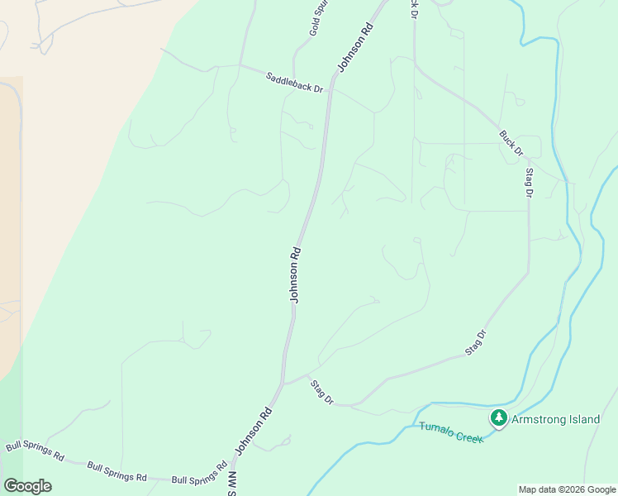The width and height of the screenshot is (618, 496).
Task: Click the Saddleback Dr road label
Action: (294, 83)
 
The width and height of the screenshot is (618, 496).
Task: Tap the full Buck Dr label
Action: (511, 142)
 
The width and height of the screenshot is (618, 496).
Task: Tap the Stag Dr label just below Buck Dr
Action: (529, 183)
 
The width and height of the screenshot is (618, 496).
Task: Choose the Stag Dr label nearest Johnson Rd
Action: (321, 391)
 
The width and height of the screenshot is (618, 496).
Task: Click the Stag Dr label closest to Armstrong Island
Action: (476, 342)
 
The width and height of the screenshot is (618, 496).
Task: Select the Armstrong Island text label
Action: (555, 419)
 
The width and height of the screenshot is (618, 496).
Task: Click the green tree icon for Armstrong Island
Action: (498, 418)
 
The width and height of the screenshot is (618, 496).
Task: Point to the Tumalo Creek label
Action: (450, 432)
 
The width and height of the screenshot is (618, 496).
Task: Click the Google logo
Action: (27, 486)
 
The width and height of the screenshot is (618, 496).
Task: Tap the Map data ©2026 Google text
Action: (567, 489)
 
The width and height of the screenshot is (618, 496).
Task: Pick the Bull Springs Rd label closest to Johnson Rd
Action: (199, 474)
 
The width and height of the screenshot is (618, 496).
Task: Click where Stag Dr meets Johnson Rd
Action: (284, 384)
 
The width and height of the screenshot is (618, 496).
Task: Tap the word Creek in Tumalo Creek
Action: (468, 436)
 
